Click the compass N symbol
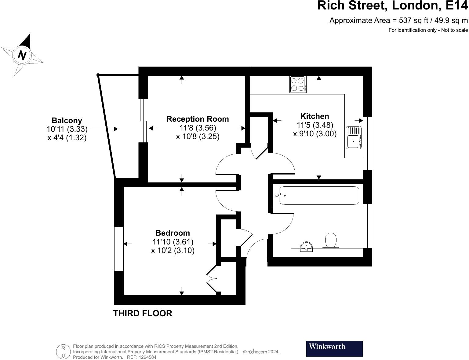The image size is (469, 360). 22,55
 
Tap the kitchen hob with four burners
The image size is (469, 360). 298,84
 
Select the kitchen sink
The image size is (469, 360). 354,138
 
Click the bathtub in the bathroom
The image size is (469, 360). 319,196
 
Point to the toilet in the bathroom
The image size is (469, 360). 331,241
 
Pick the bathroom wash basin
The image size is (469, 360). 306,247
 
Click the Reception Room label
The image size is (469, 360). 197,119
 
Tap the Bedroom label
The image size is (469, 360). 173,233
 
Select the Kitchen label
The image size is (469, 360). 314,116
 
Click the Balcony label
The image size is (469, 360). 67,120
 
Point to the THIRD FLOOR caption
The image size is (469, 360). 143,313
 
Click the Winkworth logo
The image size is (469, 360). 334,348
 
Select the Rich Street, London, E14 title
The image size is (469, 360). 392,6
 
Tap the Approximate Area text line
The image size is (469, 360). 398,20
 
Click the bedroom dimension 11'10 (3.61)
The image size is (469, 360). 173,242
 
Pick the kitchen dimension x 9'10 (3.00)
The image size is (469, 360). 314,134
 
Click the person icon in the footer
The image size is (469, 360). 64,351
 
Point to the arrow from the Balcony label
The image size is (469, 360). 105,129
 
